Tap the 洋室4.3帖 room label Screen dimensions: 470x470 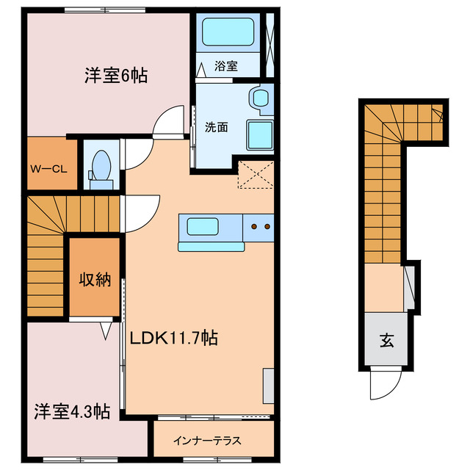pyautogui.click(x=71, y=411)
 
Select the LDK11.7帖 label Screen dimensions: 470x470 pyautogui.click(x=173, y=339)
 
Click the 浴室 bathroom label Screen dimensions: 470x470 pyautogui.click(x=225, y=66)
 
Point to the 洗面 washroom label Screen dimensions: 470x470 pyautogui.click(x=216, y=126)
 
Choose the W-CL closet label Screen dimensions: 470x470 pyautogui.click(x=48, y=168)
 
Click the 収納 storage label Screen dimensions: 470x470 pyautogui.click(x=95, y=279)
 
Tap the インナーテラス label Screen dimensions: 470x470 pyautogui.click(x=206, y=441)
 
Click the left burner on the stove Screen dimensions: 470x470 pyautogui.click(x=256, y=226)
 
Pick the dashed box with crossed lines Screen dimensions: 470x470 pyautogui.click(x=256, y=174)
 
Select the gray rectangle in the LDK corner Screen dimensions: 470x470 pyautogui.click(x=268, y=385)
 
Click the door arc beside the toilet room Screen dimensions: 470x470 pyautogui.click(x=137, y=153)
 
